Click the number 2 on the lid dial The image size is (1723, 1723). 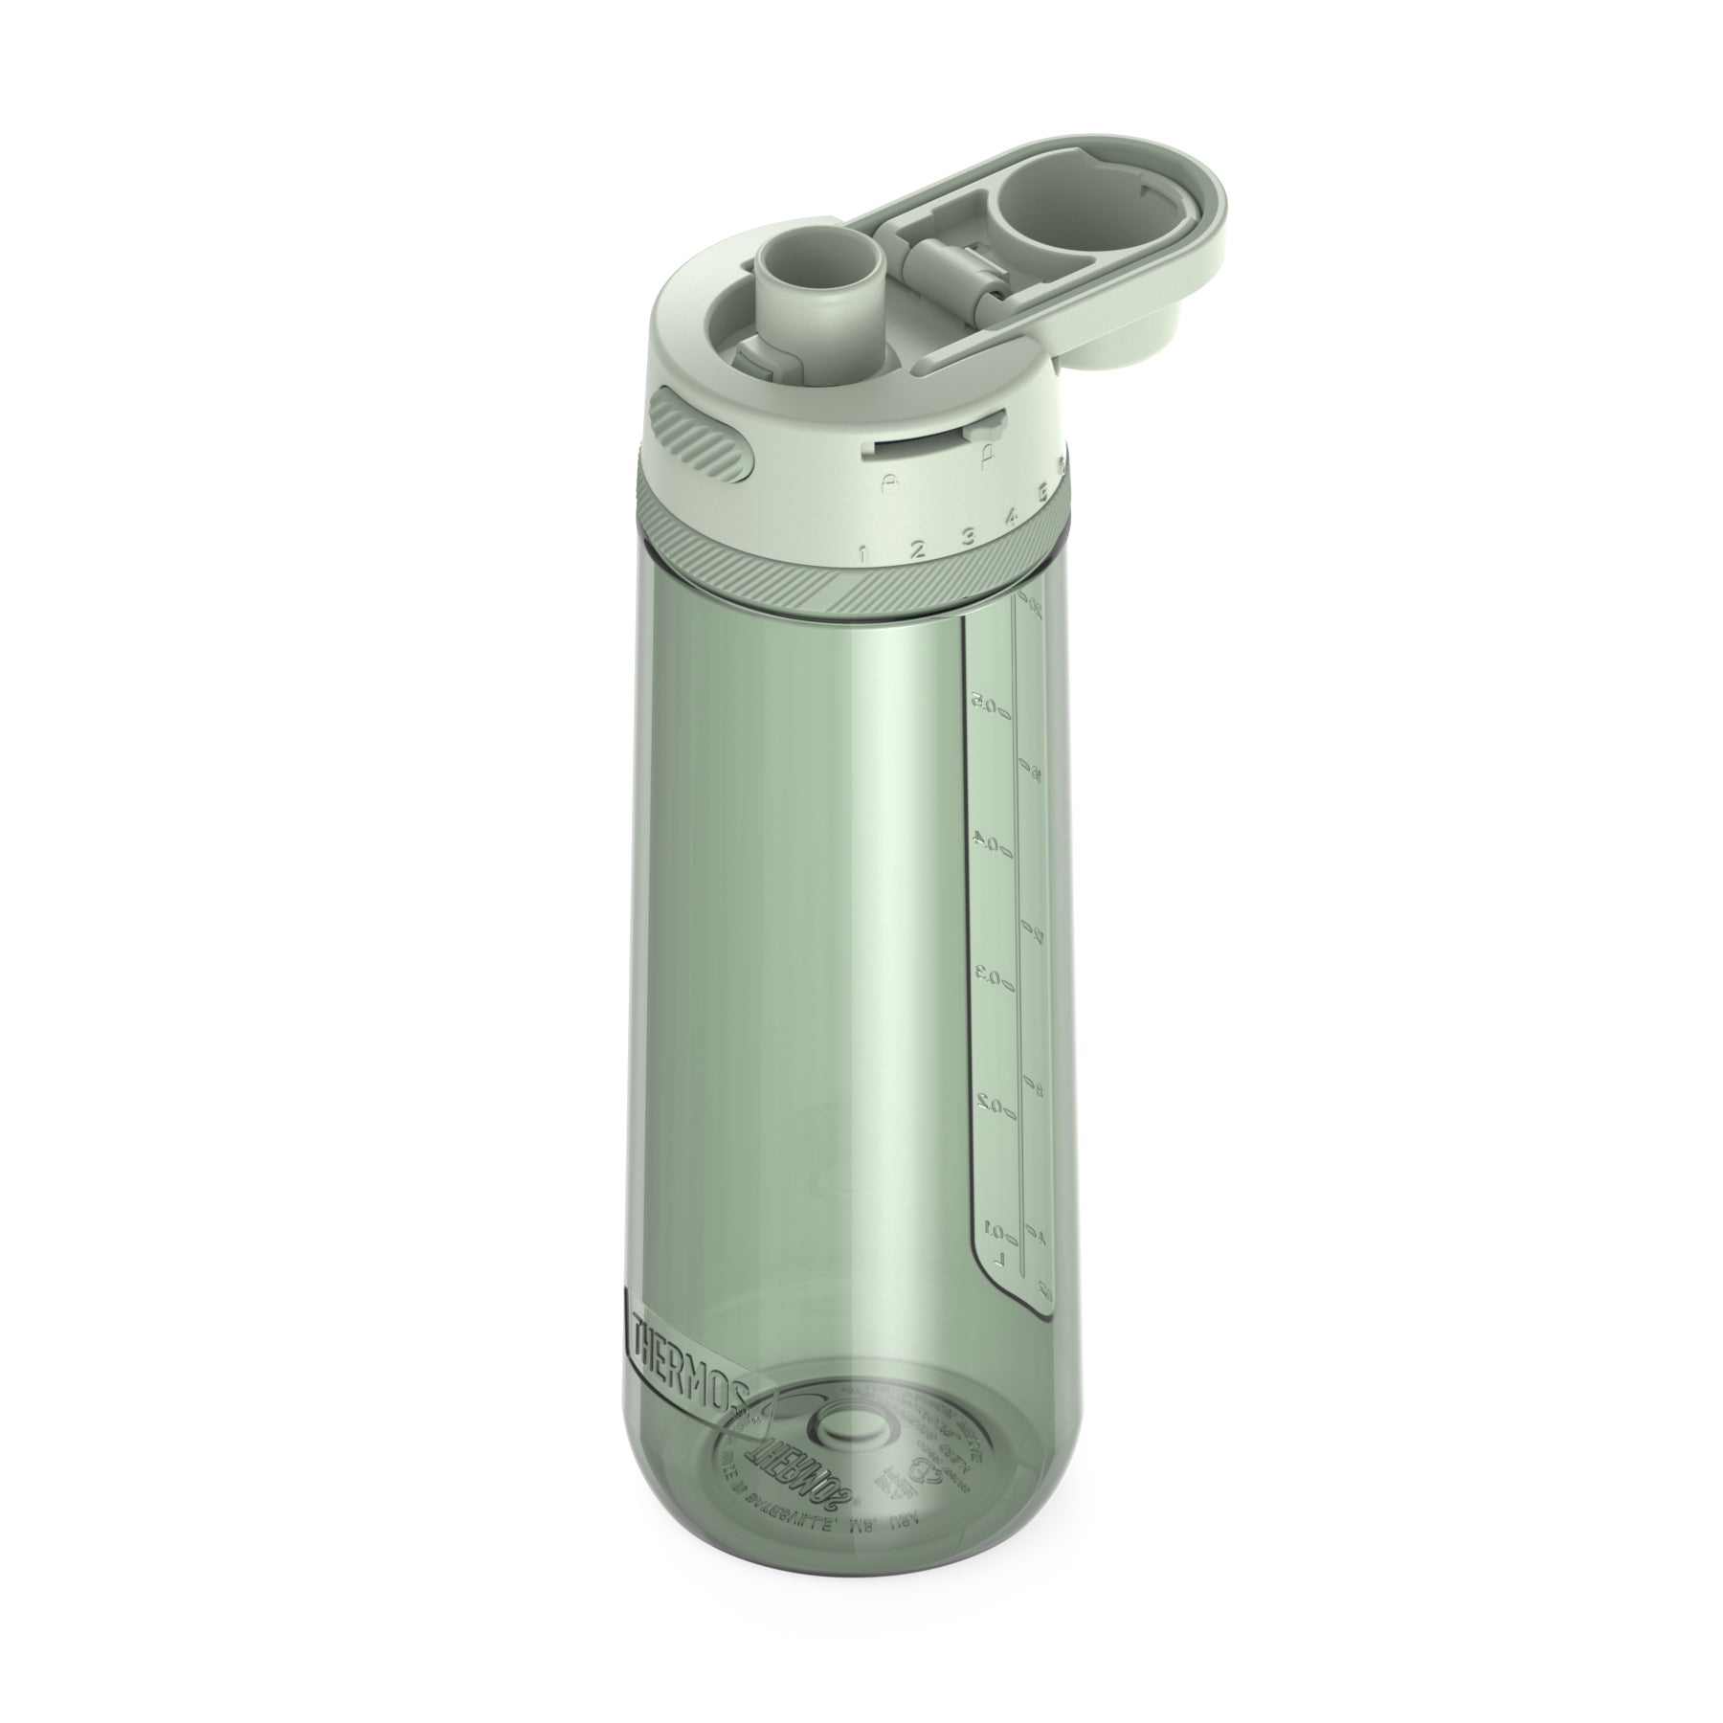click(x=916, y=548)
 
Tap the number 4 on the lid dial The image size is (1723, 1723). click(x=1011, y=519)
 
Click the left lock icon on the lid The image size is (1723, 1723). click(x=889, y=479)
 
